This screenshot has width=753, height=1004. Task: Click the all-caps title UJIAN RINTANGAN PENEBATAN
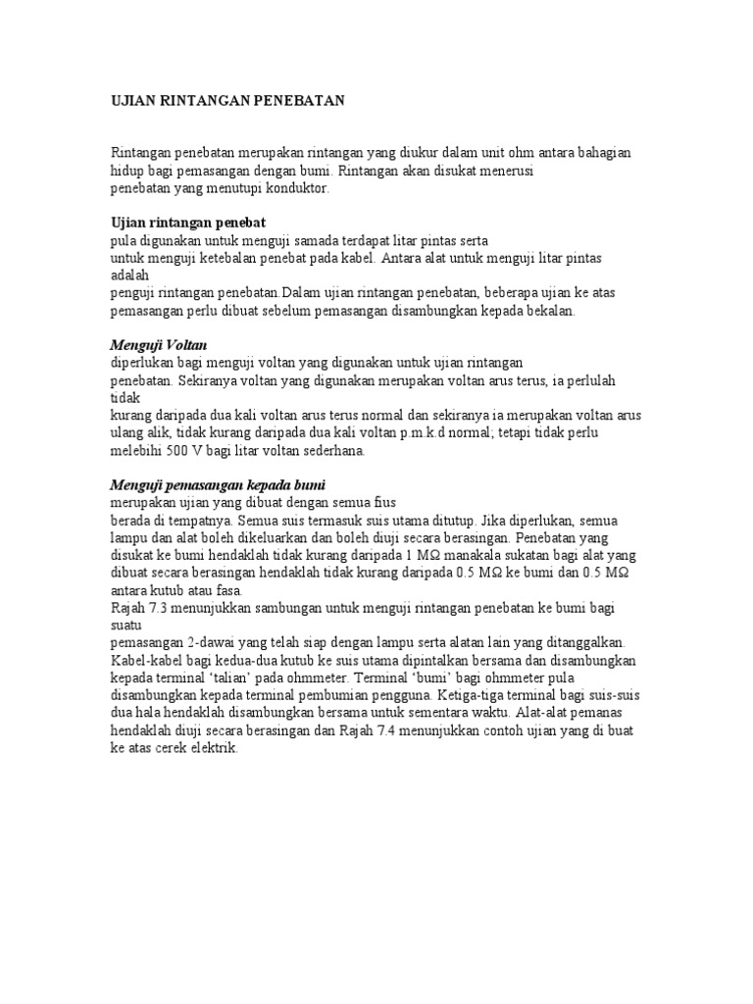point(226,101)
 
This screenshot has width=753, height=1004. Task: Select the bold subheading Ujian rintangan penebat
point(188,223)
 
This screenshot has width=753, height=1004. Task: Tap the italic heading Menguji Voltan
point(157,345)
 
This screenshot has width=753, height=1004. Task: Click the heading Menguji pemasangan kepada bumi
point(216,484)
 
